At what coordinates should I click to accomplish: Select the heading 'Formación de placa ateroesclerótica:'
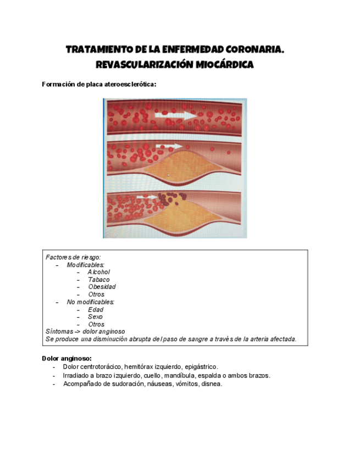pyautogui.click(x=99, y=85)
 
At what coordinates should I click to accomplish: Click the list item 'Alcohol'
pyautogui.click(x=99, y=272)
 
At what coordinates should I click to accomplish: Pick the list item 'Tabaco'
pyautogui.click(x=99, y=280)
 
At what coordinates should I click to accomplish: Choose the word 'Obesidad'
pyautogui.click(x=102, y=287)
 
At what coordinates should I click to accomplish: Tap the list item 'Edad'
pyautogui.click(x=96, y=309)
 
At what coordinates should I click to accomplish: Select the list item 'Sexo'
pyautogui.click(x=96, y=317)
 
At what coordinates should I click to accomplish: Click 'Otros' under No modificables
pyautogui.click(x=96, y=324)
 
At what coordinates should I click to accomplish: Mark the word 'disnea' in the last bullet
pyautogui.click(x=211, y=384)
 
